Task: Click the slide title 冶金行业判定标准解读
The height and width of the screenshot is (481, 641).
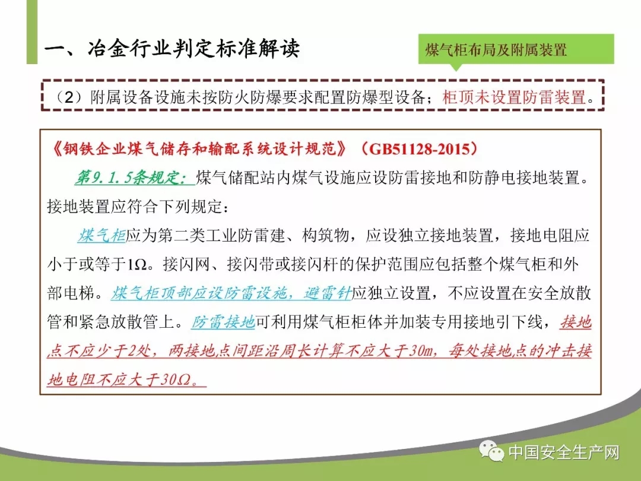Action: (193, 49)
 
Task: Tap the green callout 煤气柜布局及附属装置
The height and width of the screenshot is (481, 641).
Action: (516, 50)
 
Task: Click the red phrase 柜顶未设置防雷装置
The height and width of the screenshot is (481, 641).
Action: (514, 97)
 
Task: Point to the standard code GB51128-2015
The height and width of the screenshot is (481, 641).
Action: (420, 149)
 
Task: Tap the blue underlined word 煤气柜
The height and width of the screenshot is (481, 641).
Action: (102, 236)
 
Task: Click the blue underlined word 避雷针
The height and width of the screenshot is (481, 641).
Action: (328, 293)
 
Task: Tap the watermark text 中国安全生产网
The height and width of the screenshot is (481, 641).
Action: (564, 452)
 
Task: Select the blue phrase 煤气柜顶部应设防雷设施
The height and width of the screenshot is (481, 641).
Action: (199, 293)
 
